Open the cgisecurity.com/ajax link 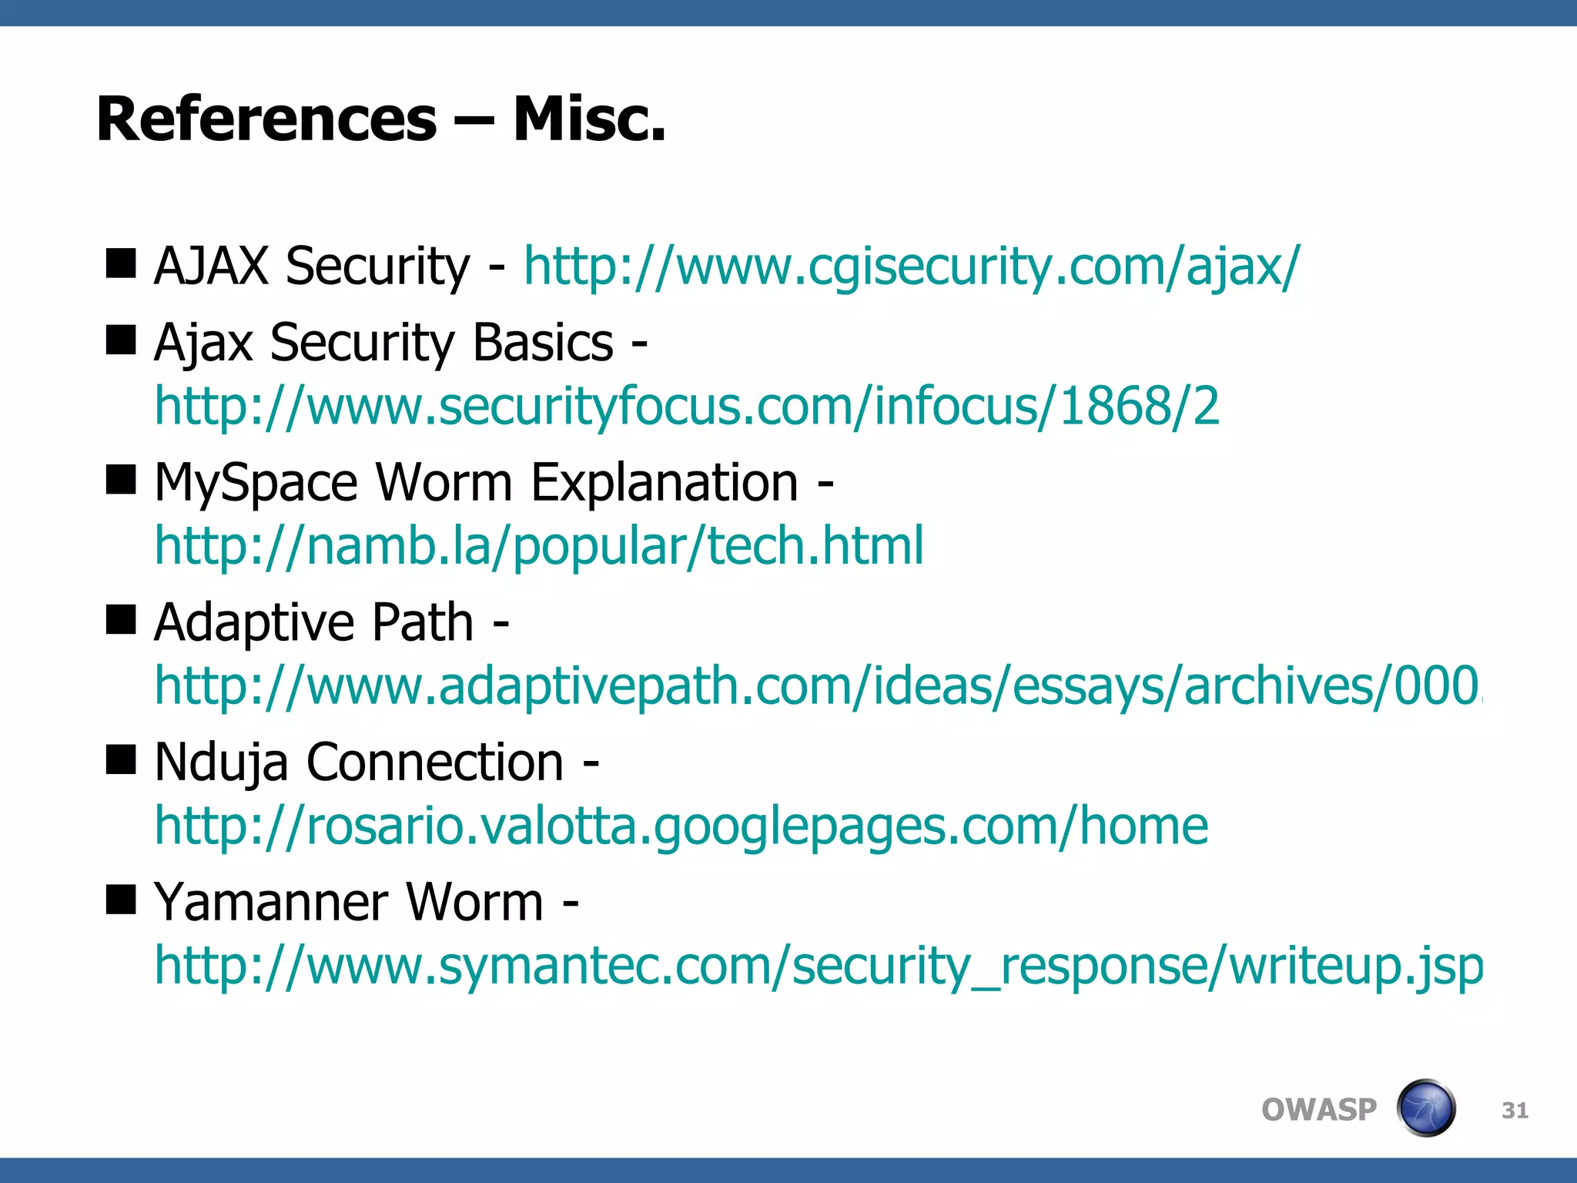coord(911,266)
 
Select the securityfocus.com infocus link coord(687,406)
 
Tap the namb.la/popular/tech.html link coord(539,546)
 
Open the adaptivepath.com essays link coord(816,685)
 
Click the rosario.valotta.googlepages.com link coord(681,826)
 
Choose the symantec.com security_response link coord(818,966)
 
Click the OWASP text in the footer coord(1318,1110)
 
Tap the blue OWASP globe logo coord(1426,1108)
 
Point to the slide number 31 coord(1515,1111)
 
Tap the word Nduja coord(221,763)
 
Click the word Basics coord(543,343)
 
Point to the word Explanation coord(665,483)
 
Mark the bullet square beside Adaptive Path coord(121,618)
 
